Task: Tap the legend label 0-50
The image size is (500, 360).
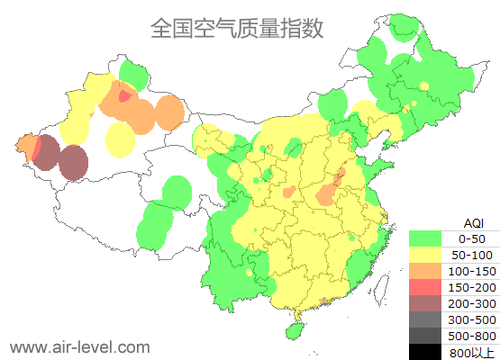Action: coord(472,238)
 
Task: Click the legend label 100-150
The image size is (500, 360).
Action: coord(472,271)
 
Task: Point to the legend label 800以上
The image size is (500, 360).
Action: coord(472,352)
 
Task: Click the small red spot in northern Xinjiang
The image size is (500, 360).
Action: coord(124,94)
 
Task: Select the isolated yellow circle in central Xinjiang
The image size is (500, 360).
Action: coord(120,139)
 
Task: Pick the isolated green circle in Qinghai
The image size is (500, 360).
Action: coord(177,191)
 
